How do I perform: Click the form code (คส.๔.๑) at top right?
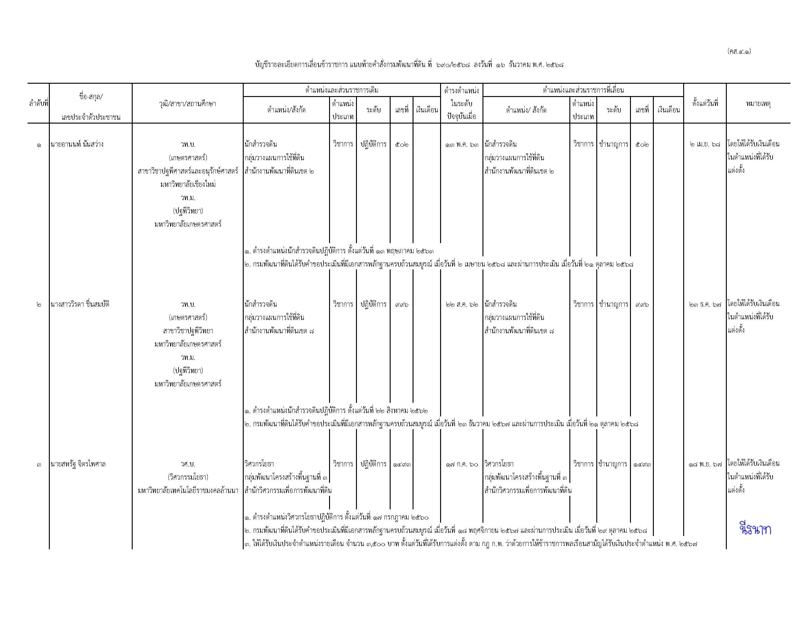click(x=739, y=51)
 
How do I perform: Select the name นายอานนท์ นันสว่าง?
click(x=77, y=144)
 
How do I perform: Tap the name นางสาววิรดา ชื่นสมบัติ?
click(x=80, y=304)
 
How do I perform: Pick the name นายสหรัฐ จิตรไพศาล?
click(x=78, y=464)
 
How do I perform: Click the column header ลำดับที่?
click(x=38, y=103)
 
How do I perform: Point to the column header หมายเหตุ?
click(x=758, y=103)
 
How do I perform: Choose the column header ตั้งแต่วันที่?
click(x=705, y=103)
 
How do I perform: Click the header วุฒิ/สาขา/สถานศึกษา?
click(x=187, y=103)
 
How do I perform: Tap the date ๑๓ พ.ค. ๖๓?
click(x=462, y=145)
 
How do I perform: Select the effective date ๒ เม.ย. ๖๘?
click(x=705, y=144)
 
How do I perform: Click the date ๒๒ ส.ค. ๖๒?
click(x=462, y=304)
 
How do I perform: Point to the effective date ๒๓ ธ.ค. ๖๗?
click(x=705, y=304)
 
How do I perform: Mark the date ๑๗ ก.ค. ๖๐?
click(x=462, y=464)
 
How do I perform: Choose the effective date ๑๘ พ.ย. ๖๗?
click(x=705, y=464)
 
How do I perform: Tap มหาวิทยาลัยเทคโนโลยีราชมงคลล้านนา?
click(x=188, y=491)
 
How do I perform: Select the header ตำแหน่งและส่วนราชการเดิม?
click(x=341, y=90)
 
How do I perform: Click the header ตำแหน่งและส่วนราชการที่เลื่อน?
click(x=583, y=90)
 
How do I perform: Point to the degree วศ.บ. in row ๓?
click(x=188, y=464)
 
